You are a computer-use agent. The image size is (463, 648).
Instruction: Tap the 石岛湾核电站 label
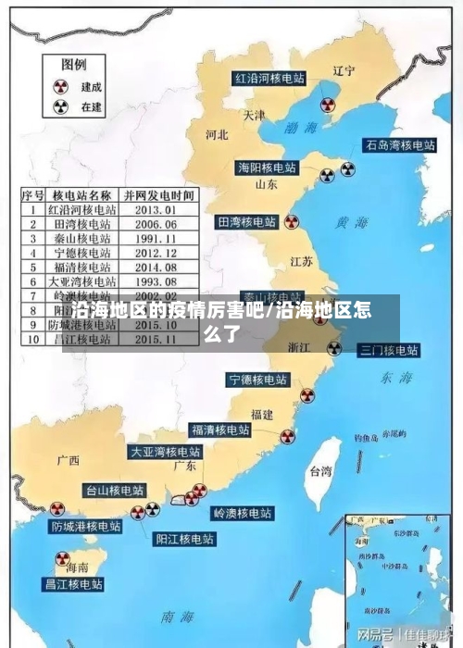[400, 145]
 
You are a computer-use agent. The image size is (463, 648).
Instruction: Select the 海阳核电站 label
[268, 168]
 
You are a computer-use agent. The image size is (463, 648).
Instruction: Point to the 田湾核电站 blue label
[246, 222]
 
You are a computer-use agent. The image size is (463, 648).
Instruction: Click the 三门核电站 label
[389, 350]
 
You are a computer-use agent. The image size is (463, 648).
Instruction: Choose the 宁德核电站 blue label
[258, 380]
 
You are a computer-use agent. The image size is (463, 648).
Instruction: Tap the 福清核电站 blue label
[220, 430]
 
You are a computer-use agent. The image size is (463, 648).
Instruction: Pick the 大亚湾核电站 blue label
[165, 453]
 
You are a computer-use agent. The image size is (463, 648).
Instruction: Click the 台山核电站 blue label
[115, 490]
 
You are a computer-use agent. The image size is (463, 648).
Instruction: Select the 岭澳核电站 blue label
[243, 513]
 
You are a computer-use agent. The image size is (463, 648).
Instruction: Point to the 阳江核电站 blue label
[184, 537]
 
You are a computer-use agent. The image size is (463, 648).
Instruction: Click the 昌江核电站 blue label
[74, 584]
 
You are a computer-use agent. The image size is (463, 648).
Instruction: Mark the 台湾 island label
[319, 471]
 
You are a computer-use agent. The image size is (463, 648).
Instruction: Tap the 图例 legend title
[74, 65]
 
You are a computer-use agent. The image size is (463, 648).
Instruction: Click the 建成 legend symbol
[61, 86]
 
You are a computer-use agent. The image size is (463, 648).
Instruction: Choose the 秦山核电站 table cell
[83, 237]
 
